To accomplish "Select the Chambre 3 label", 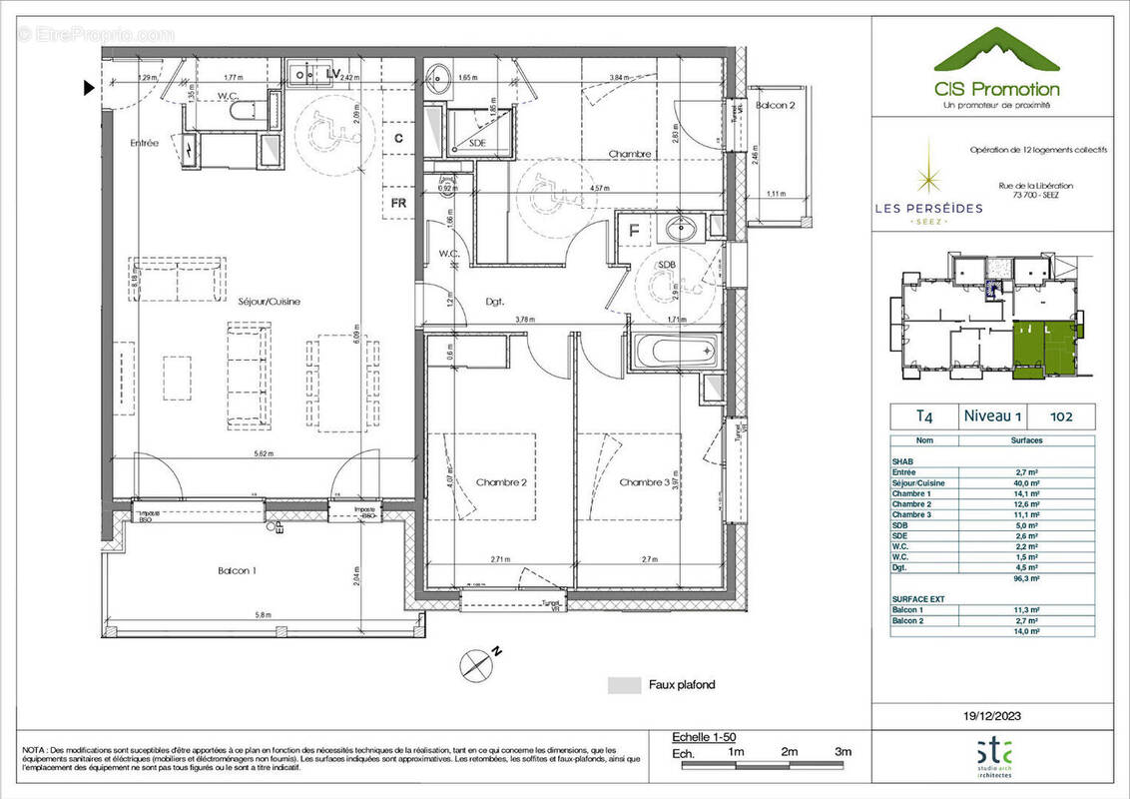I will [644, 482].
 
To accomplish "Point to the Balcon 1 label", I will [237, 570].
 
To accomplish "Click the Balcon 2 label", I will [775, 106].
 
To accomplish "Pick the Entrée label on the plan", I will [144, 143].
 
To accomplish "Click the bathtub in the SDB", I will [673, 350].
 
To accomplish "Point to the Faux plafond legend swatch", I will [624, 685].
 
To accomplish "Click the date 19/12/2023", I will [992, 715].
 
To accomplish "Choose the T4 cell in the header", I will [911, 415].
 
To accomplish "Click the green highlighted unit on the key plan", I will [1038, 350].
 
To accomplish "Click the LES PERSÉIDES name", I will [928, 208].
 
